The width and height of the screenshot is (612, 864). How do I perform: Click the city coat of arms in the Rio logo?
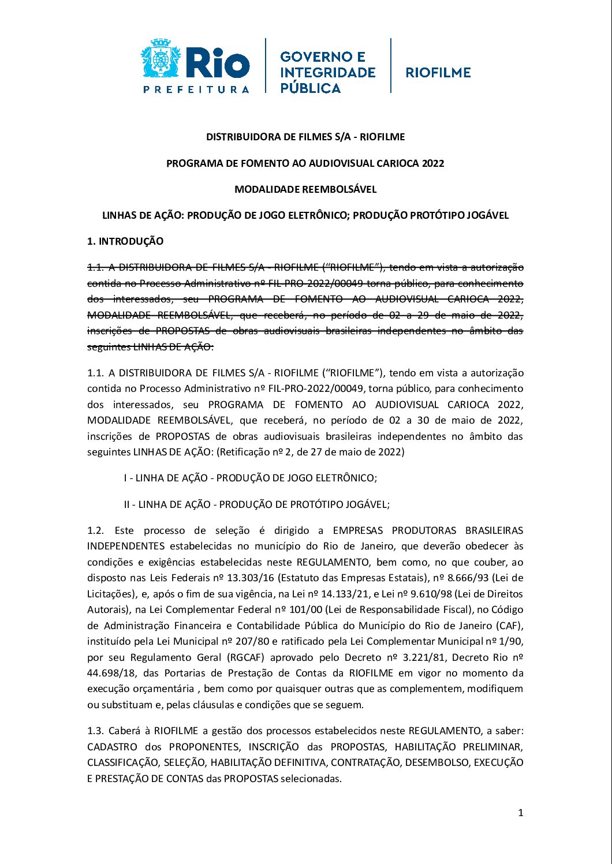click(x=161, y=59)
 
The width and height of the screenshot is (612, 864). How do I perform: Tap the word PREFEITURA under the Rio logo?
click(x=196, y=89)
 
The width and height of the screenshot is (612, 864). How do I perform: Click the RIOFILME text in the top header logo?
click(x=438, y=73)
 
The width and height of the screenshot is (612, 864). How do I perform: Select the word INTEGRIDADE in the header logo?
click(x=327, y=73)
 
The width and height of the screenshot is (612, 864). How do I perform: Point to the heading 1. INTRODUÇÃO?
click(x=125, y=241)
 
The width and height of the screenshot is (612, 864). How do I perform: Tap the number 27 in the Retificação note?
click(x=316, y=452)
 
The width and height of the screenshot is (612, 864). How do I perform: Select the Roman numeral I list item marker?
click(x=126, y=478)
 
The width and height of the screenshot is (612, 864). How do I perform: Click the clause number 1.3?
click(x=95, y=731)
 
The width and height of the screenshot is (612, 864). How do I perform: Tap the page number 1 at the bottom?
click(x=520, y=813)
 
